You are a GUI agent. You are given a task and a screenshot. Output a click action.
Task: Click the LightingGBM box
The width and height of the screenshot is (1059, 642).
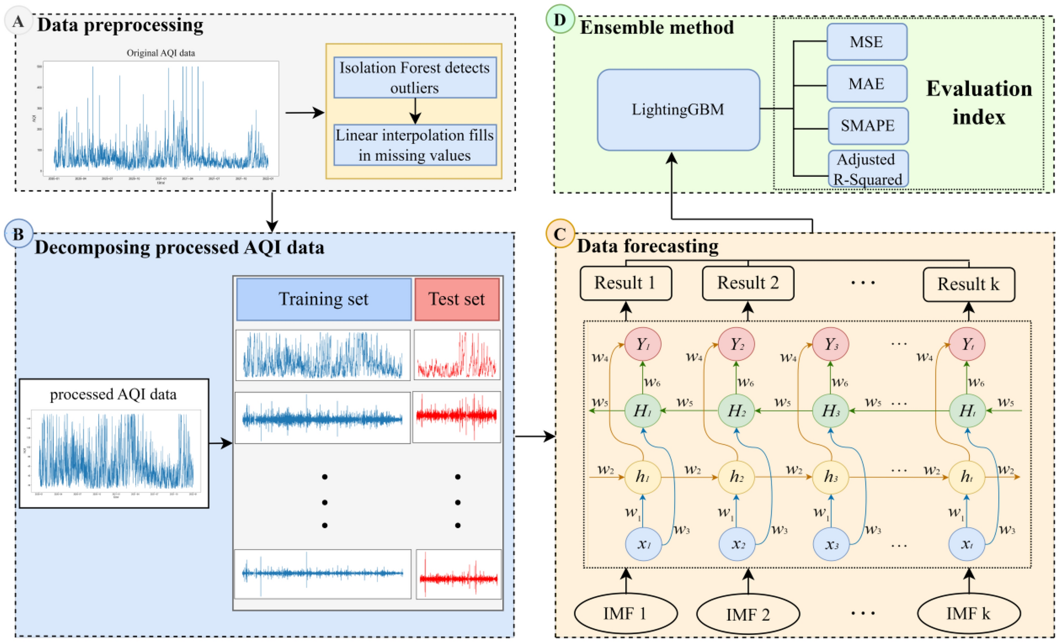[x=678, y=110]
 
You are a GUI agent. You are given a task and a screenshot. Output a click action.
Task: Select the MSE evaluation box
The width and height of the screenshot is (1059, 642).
[x=866, y=42]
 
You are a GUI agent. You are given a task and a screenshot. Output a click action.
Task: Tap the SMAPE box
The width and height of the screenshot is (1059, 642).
[x=867, y=125]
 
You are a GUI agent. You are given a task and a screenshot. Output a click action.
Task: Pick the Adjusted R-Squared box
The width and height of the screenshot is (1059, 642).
[x=867, y=169]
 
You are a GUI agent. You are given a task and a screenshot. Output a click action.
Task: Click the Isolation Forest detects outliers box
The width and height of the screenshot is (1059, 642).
[x=415, y=77]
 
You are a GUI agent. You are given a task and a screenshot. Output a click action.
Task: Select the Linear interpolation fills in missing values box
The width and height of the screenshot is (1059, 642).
[x=415, y=145]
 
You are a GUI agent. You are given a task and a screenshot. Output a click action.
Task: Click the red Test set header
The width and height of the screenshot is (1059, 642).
[x=456, y=299]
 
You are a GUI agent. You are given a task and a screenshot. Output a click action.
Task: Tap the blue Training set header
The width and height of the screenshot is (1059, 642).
[x=323, y=299]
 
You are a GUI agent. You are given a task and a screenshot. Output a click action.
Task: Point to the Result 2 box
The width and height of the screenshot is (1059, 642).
[x=748, y=283]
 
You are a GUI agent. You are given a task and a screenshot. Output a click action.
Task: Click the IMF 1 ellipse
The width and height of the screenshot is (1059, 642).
[x=625, y=614]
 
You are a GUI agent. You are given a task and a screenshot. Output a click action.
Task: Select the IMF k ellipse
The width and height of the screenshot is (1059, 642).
[x=968, y=614]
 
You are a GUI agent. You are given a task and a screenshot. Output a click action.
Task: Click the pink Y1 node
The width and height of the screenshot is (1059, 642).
[x=642, y=344]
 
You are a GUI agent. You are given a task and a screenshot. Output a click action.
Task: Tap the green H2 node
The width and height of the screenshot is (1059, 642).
[x=737, y=411]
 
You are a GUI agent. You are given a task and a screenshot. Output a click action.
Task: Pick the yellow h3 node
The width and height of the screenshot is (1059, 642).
[x=831, y=477]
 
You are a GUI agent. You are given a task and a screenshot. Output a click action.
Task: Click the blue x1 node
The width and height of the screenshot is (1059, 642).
[x=643, y=544]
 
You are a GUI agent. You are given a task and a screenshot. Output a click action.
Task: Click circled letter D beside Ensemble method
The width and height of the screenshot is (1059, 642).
[x=560, y=20]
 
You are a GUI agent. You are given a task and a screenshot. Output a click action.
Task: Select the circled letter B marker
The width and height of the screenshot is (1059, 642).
[x=18, y=234]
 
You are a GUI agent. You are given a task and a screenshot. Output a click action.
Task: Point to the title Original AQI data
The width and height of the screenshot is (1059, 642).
[x=160, y=53]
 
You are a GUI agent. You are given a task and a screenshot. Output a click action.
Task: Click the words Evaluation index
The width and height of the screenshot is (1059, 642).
[x=979, y=103]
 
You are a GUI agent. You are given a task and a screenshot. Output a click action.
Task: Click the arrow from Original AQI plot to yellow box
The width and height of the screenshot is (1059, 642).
[x=304, y=112]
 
